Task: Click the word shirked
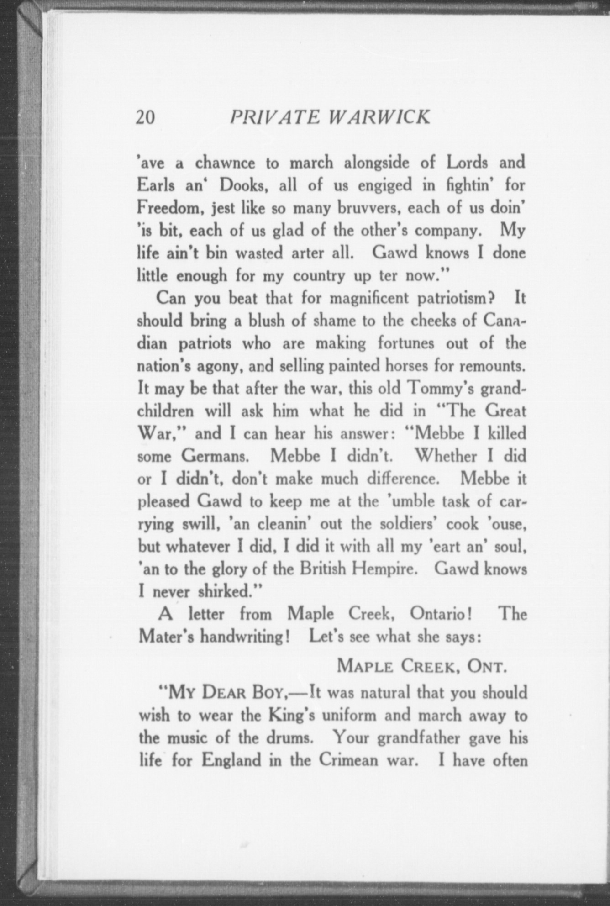[229, 592]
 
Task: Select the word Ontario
[440, 614]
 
